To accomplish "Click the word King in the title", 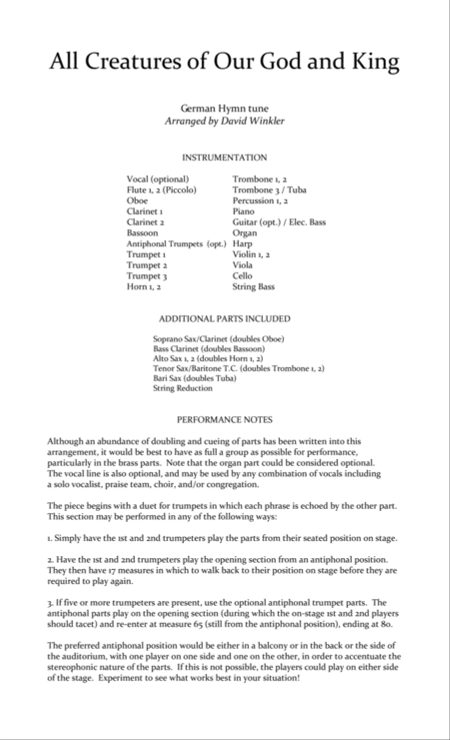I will tap(374, 62).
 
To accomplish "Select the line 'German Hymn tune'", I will tap(224, 108).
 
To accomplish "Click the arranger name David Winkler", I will tap(252, 121).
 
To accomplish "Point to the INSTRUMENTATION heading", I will tap(224, 158).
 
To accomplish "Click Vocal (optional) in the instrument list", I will tap(157, 179).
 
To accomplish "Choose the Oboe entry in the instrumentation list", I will tap(137, 201).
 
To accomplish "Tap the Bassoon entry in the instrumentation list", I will tap(142, 233).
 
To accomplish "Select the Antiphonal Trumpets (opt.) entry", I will tap(176, 244).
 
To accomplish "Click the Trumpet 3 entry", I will tap(146, 276).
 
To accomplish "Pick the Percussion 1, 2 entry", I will tap(260, 201).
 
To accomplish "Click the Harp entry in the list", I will tap(242, 244).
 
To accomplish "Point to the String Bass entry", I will tap(253, 287).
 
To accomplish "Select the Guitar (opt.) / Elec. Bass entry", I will tap(279, 222).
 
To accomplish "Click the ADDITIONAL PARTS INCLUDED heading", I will tap(224, 319).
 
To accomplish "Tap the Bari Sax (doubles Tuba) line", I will tap(194, 378).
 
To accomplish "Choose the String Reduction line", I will tap(182, 388).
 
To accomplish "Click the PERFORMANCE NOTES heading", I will tap(224, 420).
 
